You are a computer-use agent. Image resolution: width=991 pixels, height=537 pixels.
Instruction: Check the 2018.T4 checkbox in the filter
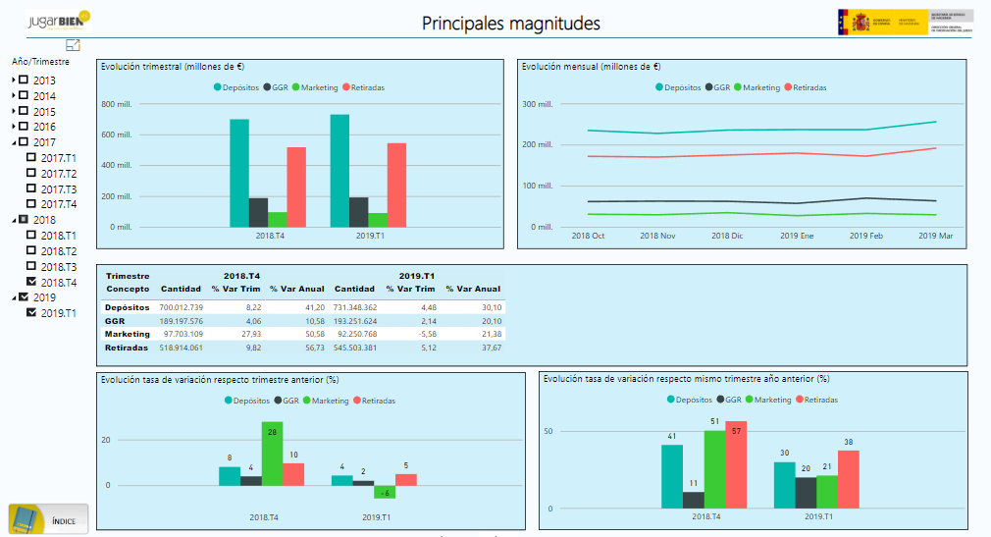31,282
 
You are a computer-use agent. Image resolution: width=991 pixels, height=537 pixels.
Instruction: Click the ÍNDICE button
48,518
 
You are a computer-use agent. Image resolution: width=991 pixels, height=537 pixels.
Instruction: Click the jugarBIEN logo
59,20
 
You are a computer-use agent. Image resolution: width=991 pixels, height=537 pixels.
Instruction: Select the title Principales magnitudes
510,24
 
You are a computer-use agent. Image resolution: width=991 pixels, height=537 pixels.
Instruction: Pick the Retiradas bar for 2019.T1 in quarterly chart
396,185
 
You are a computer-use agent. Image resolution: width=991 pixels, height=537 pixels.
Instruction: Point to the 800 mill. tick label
117,104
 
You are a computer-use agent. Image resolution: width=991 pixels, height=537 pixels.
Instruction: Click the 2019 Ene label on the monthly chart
797,236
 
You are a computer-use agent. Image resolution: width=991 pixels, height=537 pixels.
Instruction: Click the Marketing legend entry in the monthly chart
756,87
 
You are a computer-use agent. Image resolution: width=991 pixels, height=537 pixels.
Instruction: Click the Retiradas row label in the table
128,348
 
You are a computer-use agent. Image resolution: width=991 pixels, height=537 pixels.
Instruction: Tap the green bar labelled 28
272,454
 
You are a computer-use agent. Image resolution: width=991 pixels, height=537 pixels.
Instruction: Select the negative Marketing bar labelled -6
385,492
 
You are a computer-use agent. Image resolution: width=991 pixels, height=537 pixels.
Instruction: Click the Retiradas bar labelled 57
736,464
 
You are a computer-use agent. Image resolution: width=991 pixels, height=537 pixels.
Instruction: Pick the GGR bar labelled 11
694,500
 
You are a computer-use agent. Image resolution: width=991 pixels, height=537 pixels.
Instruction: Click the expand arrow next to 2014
14,96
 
